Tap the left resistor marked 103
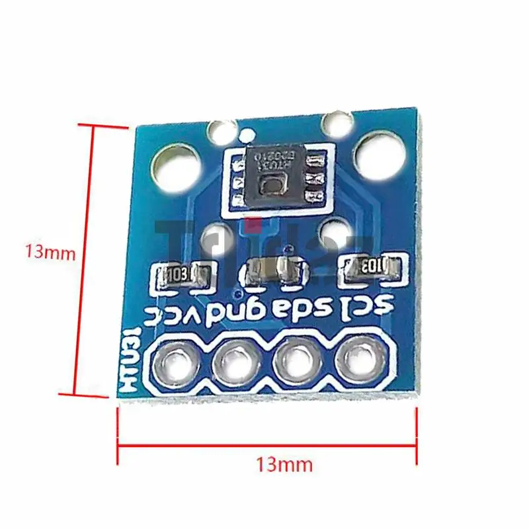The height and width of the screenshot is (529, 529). coord(181,273)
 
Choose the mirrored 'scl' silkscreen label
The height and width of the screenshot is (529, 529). coord(366,305)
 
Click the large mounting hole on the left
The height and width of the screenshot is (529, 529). coord(177,164)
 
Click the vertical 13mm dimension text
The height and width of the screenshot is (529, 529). coord(45,252)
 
